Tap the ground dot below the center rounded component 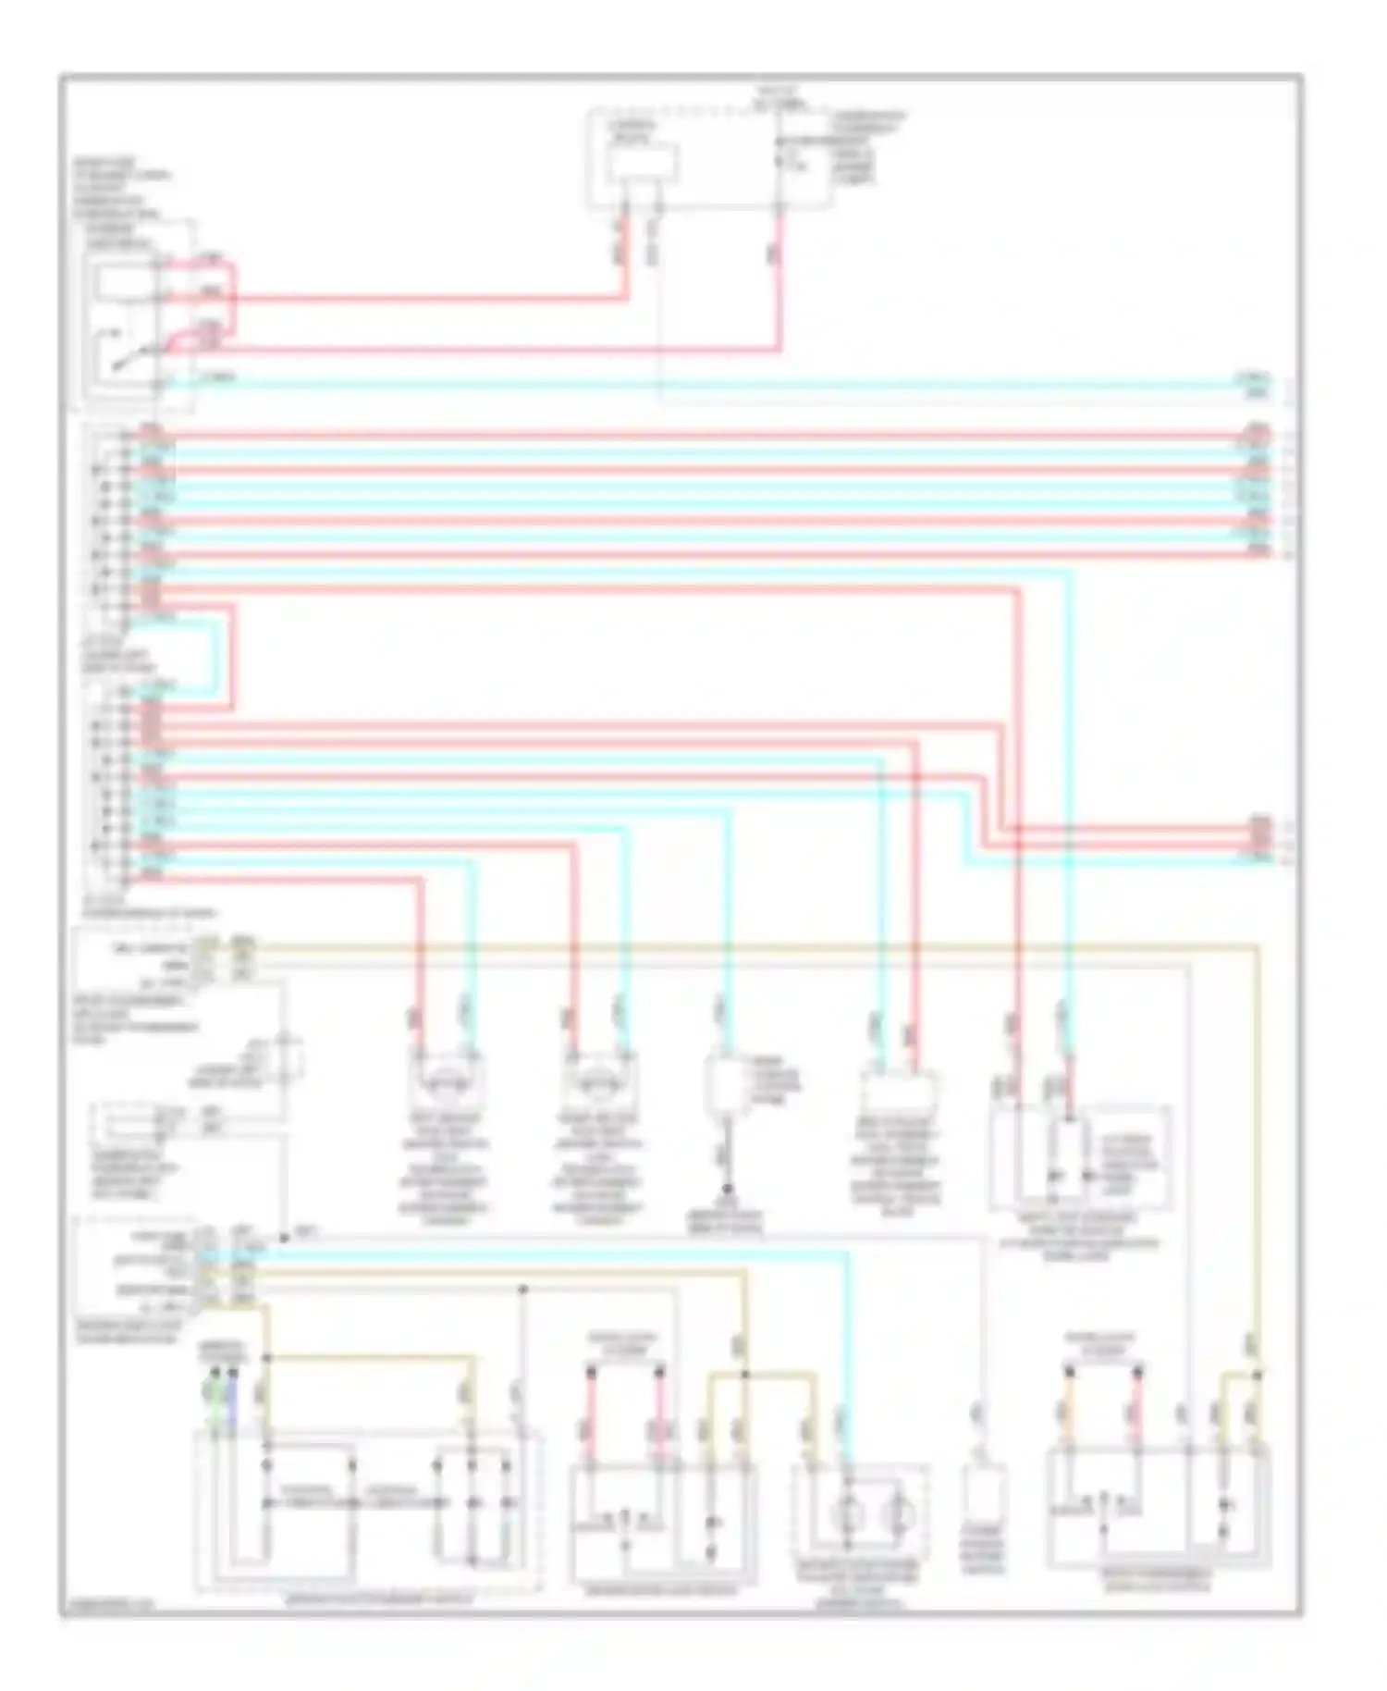pyautogui.click(x=728, y=1190)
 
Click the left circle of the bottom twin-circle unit pyautogui.click(x=846, y=1514)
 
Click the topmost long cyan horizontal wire pyautogui.click(x=703, y=382)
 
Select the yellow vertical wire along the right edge pyautogui.click(x=1258, y=1156)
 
